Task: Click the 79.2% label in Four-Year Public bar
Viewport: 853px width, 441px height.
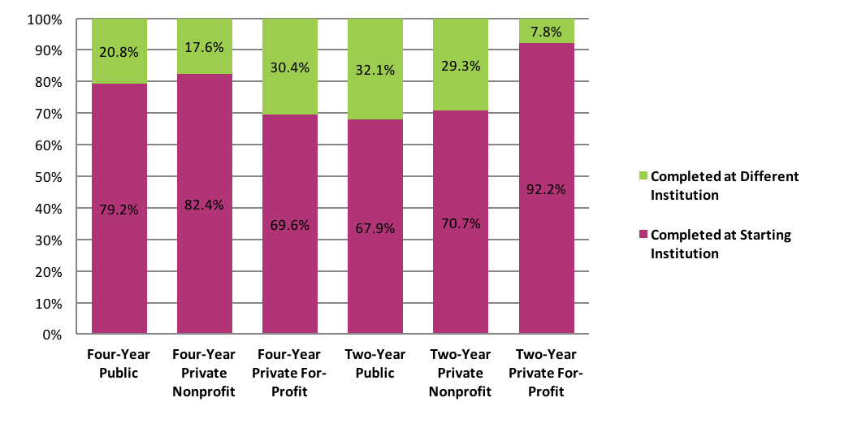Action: tap(119, 210)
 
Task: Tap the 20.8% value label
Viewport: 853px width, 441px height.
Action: tap(119, 52)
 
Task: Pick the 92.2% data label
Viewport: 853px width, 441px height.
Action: tap(546, 189)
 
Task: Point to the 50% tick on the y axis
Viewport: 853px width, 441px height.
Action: tap(47, 177)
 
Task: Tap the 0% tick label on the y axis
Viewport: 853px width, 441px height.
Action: tap(50, 334)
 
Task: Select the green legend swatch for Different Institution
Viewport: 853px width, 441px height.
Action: tap(643, 176)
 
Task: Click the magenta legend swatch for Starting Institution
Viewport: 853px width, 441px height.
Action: tap(643, 235)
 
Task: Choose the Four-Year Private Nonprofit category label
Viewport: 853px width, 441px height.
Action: tap(204, 374)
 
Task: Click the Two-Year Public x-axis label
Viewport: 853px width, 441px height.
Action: tap(375, 364)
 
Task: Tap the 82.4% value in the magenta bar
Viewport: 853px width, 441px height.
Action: tap(204, 205)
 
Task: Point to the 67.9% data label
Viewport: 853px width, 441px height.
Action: tap(375, 228)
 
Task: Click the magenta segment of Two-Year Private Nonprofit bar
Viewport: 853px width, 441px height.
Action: tap(460, 268)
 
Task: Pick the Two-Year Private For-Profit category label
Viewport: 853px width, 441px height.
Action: tap(546, 374)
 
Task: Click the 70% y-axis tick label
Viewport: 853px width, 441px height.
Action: tap(47, 114)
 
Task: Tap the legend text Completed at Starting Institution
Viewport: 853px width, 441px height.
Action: tap(721, 244)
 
